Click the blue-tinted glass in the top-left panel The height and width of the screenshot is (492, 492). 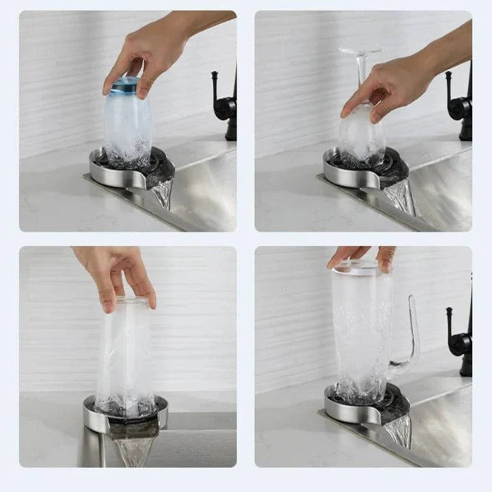click(x=128, y=123)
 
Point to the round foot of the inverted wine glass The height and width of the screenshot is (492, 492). click(x=360, y=51)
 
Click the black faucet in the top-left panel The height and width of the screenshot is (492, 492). click(x=226, y=102)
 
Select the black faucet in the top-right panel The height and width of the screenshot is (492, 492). click(x=461, y=102)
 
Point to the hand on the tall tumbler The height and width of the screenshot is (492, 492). click(x=116, y=273)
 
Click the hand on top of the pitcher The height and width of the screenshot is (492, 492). click(x=362, y=256)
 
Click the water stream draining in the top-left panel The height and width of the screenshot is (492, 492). click(x=163, y=195)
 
